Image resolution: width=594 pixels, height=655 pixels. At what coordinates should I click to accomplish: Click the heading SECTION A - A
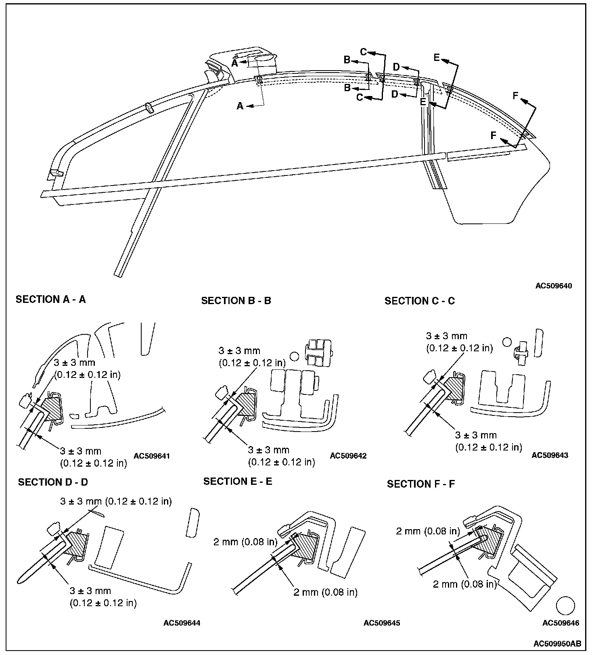click(x=50, y=299)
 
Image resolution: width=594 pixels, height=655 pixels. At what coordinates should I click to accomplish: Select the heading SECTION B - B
click(x=236, y=301)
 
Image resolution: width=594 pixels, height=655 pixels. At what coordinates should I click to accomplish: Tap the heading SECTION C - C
click(x=420, y=301)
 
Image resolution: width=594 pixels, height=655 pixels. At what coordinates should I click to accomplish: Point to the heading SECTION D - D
click(x=53, y=482)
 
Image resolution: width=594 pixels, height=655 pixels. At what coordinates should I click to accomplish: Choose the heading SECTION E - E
click(x=238, y=481)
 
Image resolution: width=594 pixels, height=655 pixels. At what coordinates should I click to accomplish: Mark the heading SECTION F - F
click(x=421, y=484)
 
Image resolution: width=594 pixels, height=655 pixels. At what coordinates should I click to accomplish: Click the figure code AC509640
click(x=554, y=286)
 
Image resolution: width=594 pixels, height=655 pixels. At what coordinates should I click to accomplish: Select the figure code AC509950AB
click(x=557, y=642)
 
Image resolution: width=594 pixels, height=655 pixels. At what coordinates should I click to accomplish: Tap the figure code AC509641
click(x=152, y=456)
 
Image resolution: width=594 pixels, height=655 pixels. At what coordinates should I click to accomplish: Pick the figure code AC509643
click(x=550, y=455)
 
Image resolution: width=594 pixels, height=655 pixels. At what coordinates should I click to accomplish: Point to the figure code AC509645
click(x=382, y=623)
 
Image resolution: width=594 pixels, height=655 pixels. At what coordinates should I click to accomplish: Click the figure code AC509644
click(x=182, y=623)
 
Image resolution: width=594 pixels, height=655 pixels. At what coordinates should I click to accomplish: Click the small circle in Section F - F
click(x=565, y=606)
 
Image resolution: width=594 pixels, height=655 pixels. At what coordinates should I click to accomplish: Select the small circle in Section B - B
click(x=294, y=356)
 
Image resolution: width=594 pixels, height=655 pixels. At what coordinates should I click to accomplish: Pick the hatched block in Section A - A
click(x=52, y=409)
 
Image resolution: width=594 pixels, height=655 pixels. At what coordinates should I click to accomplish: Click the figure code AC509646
click(x=561, y=623)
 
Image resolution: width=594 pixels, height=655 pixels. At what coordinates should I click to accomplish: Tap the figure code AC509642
click(x=348, y=456)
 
